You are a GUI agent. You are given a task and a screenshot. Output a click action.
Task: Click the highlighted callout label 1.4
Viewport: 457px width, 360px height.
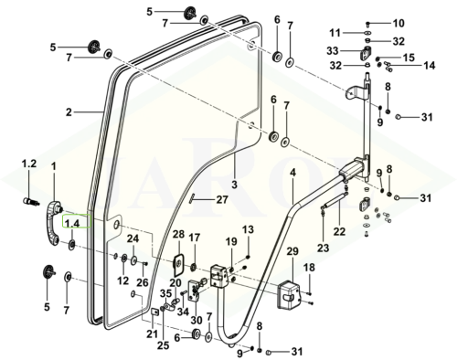72,224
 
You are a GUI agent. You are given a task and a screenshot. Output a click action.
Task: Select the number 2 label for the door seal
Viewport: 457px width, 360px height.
69,112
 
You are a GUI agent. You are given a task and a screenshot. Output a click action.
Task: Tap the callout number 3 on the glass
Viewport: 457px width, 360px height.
234,185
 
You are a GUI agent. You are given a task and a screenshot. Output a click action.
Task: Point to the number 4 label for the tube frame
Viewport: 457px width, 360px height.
292,173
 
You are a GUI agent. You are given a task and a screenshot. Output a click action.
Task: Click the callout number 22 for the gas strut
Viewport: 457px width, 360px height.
339,231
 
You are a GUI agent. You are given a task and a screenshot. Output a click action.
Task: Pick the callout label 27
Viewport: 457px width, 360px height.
222,200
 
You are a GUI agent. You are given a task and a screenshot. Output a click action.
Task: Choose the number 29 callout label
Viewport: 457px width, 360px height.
292,252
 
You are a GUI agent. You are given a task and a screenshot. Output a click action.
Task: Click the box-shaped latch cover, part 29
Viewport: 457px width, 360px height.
288,294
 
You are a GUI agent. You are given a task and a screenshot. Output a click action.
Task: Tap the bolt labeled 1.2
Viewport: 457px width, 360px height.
31,201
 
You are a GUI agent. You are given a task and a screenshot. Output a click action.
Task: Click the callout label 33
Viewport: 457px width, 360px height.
333,50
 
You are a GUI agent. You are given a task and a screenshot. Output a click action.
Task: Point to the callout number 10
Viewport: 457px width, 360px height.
399,23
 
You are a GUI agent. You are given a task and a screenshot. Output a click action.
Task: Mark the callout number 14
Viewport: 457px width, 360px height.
429,65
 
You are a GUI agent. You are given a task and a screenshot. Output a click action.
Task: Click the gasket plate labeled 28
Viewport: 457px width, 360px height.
178,264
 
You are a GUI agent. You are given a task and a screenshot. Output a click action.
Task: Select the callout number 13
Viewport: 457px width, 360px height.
249,229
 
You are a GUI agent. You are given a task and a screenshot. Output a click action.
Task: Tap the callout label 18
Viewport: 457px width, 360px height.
309,268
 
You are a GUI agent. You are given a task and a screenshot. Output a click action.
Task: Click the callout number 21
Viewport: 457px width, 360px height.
152,334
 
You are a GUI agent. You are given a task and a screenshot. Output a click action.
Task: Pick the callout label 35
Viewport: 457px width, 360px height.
166,293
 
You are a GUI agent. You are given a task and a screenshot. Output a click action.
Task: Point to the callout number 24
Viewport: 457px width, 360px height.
133,238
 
